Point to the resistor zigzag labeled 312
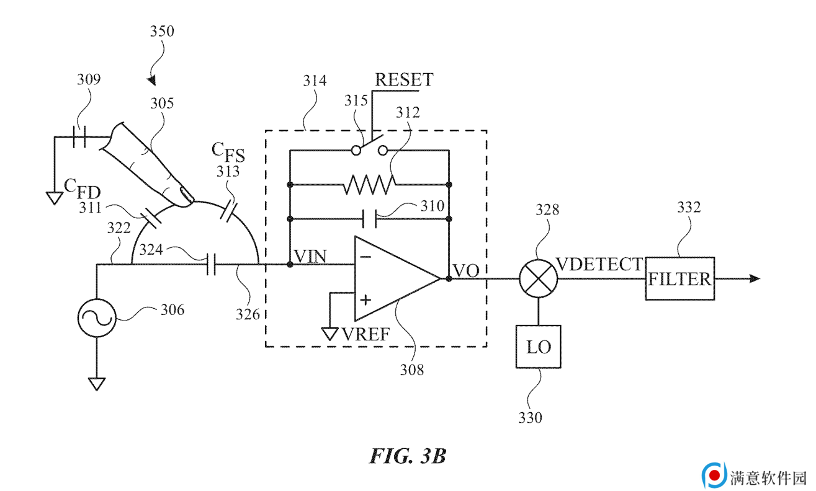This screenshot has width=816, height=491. point(369,185)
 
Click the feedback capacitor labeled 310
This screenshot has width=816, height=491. point(370,219)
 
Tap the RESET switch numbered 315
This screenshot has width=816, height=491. point(369,146)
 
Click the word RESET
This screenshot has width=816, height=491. point(404,79)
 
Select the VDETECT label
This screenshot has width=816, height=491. point(599,264)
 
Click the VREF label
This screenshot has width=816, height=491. point(367,335)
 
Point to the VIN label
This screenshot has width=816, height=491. point(310,256)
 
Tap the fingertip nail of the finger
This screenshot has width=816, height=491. point(187,195)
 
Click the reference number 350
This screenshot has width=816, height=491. point(162,31)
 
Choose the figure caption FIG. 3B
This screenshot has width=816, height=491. point(408,456)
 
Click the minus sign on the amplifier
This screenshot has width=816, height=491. point(365,257)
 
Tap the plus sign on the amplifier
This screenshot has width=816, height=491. point(365,300)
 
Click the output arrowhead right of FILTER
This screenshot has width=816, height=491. point(755,278)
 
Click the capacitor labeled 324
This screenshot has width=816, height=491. point(211,265)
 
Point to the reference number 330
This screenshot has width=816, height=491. point(531,417)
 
